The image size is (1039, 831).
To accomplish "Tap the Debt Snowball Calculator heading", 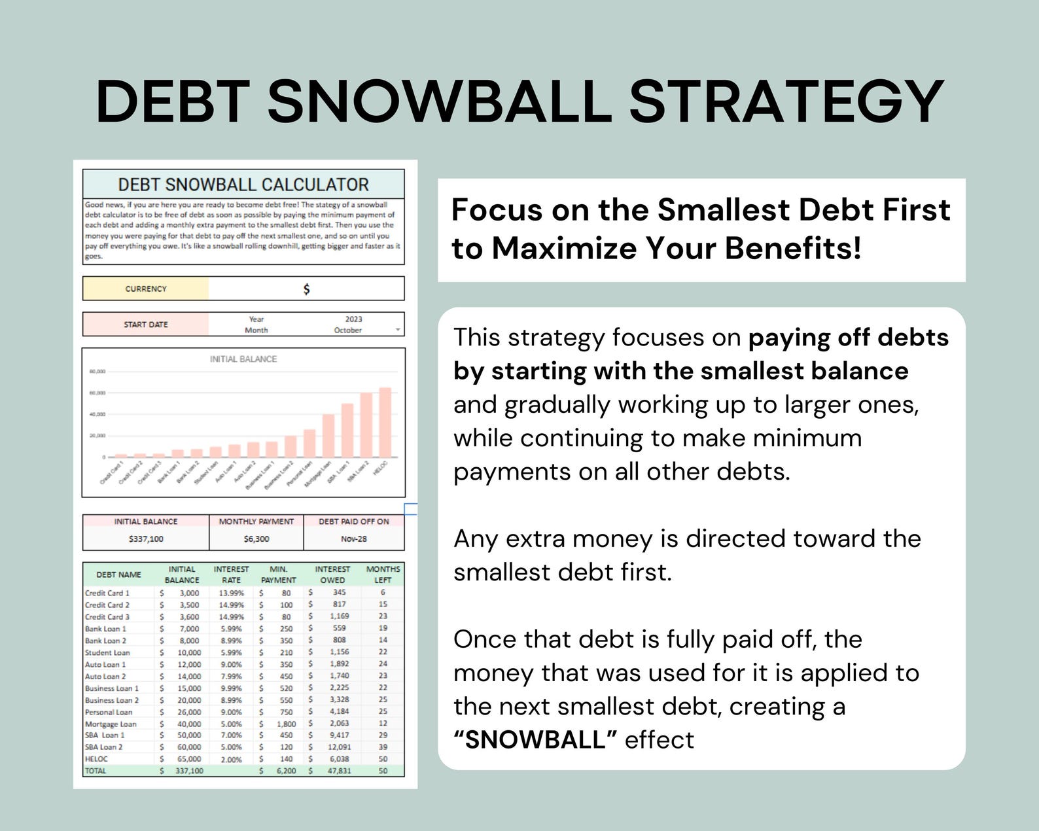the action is tap(243, 185).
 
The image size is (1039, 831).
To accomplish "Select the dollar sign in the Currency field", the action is tap(306, 289).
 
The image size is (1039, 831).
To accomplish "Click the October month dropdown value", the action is tap(348, 330).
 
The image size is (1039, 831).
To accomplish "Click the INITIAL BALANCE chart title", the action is tap(243, 359).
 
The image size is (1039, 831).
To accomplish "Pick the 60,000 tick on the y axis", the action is tap(97, 393).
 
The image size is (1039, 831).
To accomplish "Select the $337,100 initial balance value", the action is tap(146, 539).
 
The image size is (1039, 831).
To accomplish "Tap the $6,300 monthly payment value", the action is tap(256, 539).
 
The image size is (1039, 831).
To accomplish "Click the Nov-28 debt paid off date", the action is tap(353, 539).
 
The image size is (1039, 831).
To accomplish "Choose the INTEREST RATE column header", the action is tap(231, 575).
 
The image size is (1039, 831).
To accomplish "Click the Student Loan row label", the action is tap(107, 652).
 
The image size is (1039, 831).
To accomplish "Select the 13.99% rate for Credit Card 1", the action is tap(231, 593).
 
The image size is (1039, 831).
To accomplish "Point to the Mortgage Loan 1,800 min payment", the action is tap(286, 724).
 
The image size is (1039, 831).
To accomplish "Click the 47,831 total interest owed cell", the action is tap(339, 771).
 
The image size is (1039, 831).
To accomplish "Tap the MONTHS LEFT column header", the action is tap(383, 575).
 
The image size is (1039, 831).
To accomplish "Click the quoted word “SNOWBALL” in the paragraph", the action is tap(536, 740).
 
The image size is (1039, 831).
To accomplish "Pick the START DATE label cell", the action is tap(146, 325).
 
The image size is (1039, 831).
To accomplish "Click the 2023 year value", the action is tap(353, 319).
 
